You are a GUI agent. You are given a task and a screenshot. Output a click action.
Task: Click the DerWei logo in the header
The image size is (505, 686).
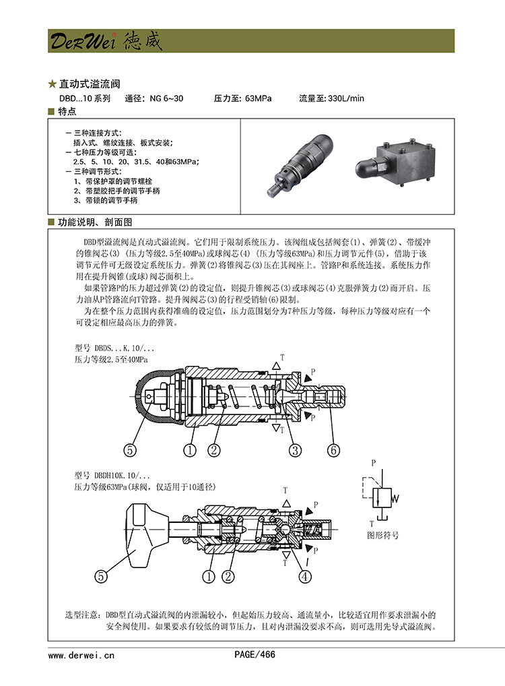click(106, 41)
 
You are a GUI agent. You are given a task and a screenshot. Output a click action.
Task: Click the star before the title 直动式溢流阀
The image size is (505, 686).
click(53, 84)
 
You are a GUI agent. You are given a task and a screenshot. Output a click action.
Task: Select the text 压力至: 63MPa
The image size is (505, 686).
click(242, 98)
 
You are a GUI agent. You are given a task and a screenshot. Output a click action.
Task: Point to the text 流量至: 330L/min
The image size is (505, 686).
click(331, 98)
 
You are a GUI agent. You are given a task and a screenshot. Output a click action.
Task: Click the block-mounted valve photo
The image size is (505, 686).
click(395, 160)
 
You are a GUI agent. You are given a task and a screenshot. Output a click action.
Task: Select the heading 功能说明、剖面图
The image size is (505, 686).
click(95, 222)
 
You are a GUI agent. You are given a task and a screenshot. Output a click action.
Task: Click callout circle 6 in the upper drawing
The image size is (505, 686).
click(333, 450)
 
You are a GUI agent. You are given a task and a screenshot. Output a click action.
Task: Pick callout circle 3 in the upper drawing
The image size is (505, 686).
click(295, 450)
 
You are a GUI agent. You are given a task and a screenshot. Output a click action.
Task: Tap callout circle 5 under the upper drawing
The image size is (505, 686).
click(130, 450)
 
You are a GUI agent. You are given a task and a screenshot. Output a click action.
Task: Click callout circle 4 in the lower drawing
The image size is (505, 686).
click(305, 577)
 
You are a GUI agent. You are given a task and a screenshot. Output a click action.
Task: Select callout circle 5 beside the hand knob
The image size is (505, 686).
click(101, 577)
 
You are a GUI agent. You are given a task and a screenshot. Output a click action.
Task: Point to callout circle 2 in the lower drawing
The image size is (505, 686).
click(228, 577)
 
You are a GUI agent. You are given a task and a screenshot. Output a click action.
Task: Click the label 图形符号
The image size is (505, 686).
click(383, 535)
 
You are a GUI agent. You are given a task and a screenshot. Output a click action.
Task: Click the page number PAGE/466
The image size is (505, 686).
click(255, 654)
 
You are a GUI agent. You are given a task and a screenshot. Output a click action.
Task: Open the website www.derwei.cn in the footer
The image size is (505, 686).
click(81, 655)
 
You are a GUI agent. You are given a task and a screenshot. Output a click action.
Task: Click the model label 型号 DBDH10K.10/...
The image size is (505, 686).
click(112, 476)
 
